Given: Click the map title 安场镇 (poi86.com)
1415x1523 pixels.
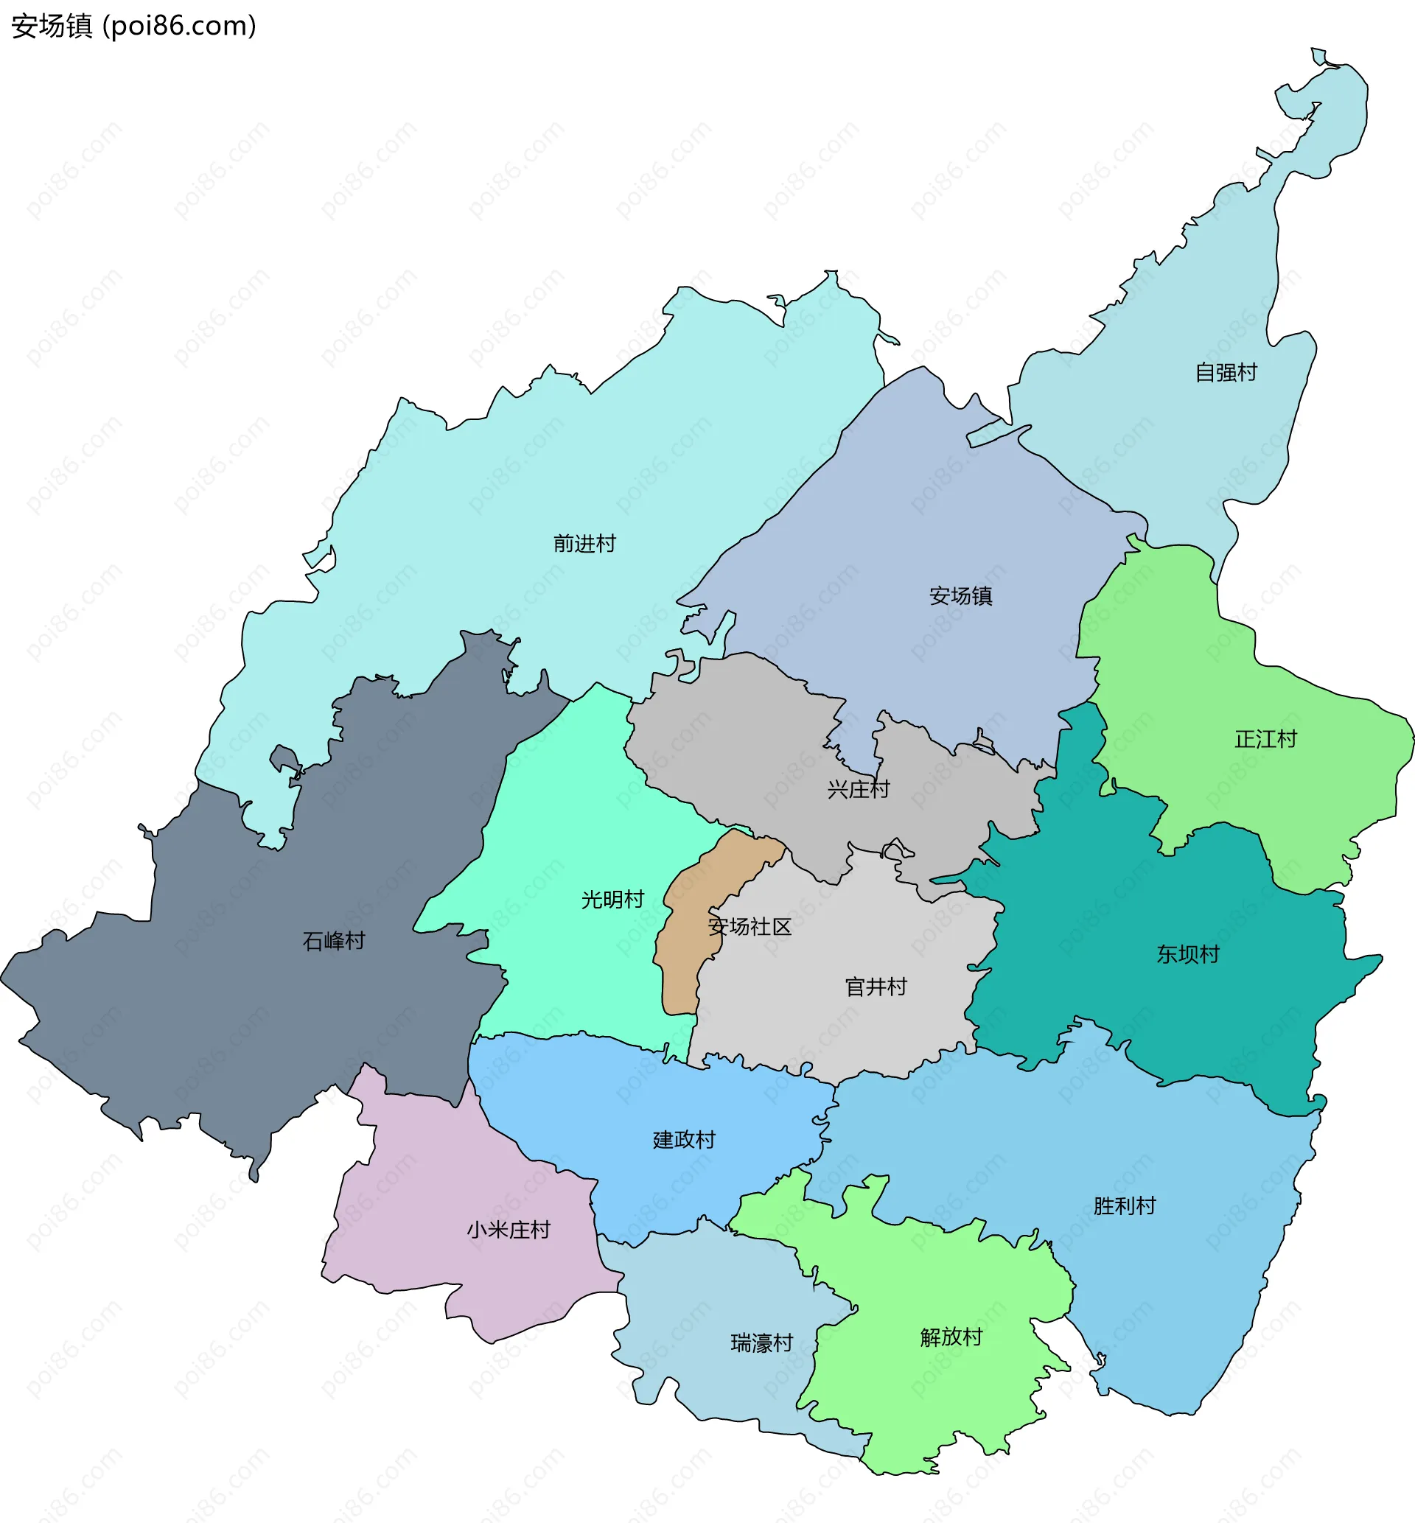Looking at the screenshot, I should pyautogui.click(x=133, y=26).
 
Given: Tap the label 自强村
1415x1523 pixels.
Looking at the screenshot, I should pyautogui.click(x=1226, y=373).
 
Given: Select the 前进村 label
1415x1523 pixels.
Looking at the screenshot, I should pyautogui.click(x=584, y=545).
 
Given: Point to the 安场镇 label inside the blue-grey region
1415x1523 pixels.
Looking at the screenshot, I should pyautogui.click(x=960, y=596).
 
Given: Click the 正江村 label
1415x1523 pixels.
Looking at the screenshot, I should pyautogui.click(x=1265, y=739).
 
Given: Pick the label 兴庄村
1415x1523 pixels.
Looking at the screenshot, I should pyautogui.click(x=858, y=789).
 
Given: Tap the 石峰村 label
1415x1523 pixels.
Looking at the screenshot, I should pyautogui.click(x=333, y=941).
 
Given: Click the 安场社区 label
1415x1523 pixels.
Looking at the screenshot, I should pyautogui.click(x=749, y=927).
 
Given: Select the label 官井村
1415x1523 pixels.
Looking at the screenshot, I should pyautogui.click(x=876, y=987).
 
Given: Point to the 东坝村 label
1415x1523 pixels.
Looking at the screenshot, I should pyautogui.click(x=1187, y=954).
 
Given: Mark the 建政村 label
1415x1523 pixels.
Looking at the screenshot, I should pyautogui.click(x=683, y=1140).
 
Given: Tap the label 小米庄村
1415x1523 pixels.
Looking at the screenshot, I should pyautogui.click(x=509, y=1230).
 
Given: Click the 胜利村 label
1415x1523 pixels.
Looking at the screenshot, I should pyautogui.click(x=1124, y=1206).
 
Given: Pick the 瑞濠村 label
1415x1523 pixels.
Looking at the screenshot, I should pyautogui.click(x=761, y=1343).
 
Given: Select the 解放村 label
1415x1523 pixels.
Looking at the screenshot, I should pyautogui.click(x=951, y=1337).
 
